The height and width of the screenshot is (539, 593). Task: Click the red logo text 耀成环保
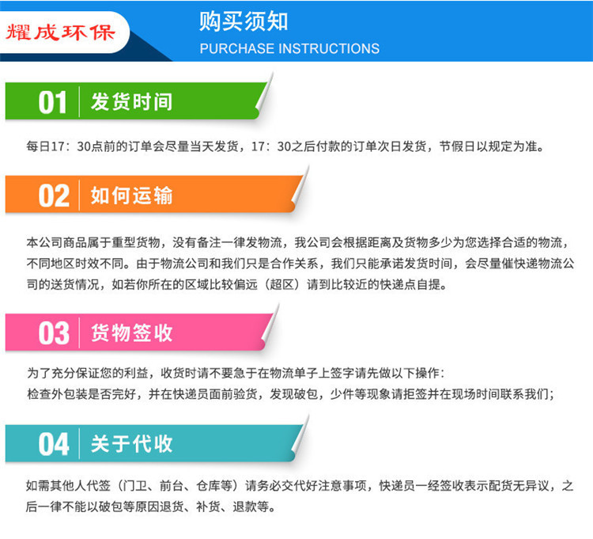pyautogui.click(x=61, y=32)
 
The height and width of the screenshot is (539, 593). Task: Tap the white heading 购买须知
pyautogui.click(x=244, y=21)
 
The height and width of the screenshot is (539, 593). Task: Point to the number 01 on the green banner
pyautogui.click(x=52, y=103)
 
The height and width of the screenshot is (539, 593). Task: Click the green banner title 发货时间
pyautogui.click(x=131, y=102)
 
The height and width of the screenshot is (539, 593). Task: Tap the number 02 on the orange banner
pyautogui.click(x=54, y=196)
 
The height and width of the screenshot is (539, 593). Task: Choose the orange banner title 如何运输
pyautogui.click(x=131, y=195)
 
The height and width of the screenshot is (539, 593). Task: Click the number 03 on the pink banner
pyautogui.click(x=54, y=333)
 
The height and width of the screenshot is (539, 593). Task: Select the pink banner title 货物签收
pyautogui.click(x=131, y=333)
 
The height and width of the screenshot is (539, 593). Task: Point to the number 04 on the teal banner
pyautogui.click(x=54, y=444)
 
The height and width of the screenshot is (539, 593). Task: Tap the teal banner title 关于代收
pyautogui.click(x=131, y=443)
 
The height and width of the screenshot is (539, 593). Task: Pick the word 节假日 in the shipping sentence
pyautogui.click(x=457, y=146)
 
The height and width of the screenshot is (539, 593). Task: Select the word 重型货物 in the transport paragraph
pyautogui.click(x=136, y=242)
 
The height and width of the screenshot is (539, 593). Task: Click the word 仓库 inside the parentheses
pyautogui.click(x=209, y=485)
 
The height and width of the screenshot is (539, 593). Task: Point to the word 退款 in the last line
pyautogui.click(x=244, y=507)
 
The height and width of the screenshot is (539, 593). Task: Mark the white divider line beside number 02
pyautogui.click(x=79, y=195)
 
